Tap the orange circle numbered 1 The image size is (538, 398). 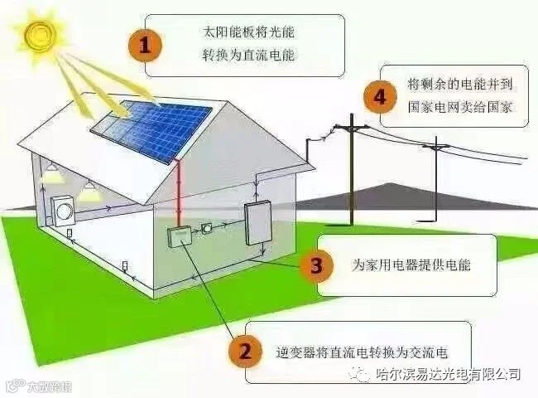click(145, 46)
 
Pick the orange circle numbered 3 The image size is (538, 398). click(315, 265)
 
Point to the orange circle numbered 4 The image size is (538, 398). click(380, 97)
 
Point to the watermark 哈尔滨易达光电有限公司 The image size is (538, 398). click(449, 375)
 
